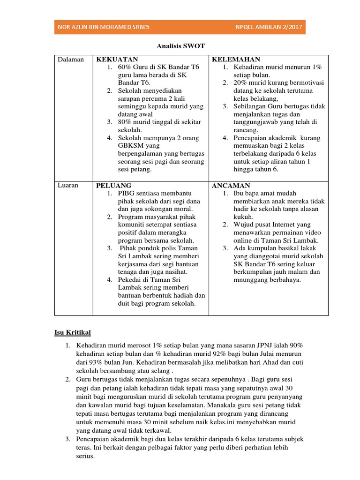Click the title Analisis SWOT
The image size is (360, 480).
pyautogui.click(x=180, y=46)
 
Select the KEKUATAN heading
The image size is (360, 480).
pyautogui.click(x=117, y=60)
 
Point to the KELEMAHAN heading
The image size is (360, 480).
pyautogui.click(x=236, y=60)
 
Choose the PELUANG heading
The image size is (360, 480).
pyautogui.click(x=114, y=186)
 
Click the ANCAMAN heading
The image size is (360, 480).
pyautogui.click(x=231, y=186)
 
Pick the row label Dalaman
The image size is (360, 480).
pyautogui.click(x=71, y=60)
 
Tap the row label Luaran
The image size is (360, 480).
pyautogui.click(x=68, y=186)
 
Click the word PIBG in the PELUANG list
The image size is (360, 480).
pyautogui.click(x=126, y=193)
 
